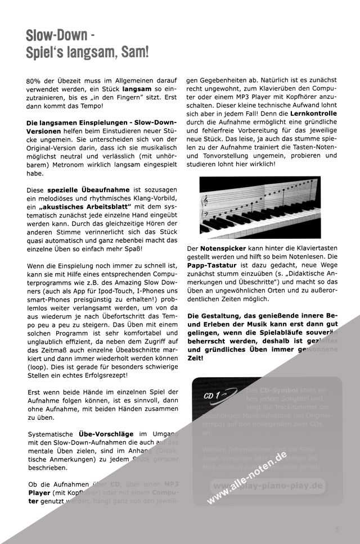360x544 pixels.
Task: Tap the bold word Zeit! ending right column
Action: [196, 357]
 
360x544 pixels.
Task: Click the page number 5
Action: [337, 529]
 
